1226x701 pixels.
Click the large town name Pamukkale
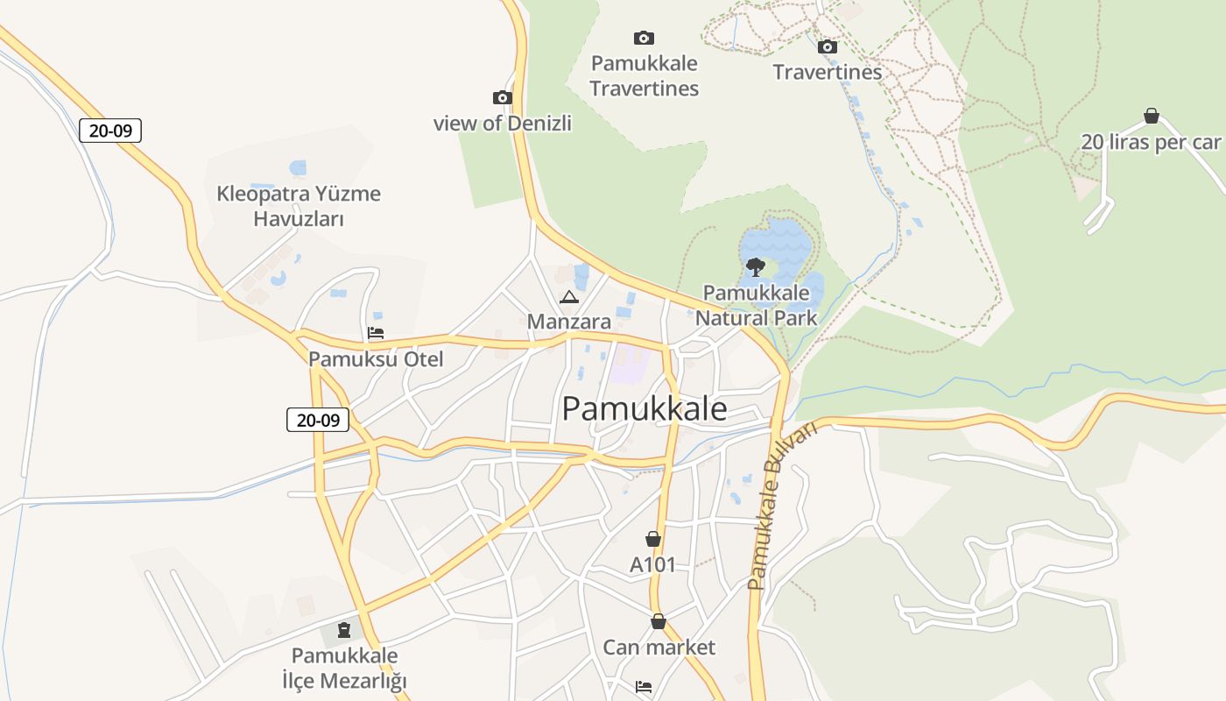pyautogui.click(x=644, y=408)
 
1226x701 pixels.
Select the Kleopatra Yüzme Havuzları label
pyautogui.click(x=299, y=206)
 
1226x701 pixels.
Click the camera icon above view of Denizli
pyautogui.click(x=503, y=97)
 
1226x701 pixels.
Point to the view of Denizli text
pyautogui.click(x=503, y=123)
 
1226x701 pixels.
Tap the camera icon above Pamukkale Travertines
pyautogui.click(x=644, y=38)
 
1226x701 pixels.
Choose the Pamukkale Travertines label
pyautogui.click(x=644, y=75)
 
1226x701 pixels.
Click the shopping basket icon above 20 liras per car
pyautogui.click(x=1151, y=116)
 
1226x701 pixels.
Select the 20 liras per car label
pyautogui.click(x=1151, y=142)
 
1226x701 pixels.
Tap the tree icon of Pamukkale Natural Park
pyautogui.click(x=755, y=266)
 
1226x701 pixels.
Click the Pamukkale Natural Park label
pyautogui.click(x=756, y=304)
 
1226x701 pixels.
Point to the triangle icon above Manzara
pyautogui.click(x=569, y=297)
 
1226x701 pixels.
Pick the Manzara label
pyautogui.click(x=569, y=322)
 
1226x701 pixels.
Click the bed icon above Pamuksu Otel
pyautogui.click(x=376, y=333)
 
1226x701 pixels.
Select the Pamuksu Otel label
pyautogui.click(x=376, y=358)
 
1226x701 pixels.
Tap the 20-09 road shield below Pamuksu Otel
pyautogui.click(x=318, y=420)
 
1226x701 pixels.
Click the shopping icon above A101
pyautogui.click(x=652, y=538)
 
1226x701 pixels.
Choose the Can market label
pyautogui.click(x=659, y=648)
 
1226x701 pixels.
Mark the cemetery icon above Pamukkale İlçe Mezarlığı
pyautogui.click(x=343, y=628)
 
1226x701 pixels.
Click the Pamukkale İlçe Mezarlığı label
pyautogui.click(x=344, y=668)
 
